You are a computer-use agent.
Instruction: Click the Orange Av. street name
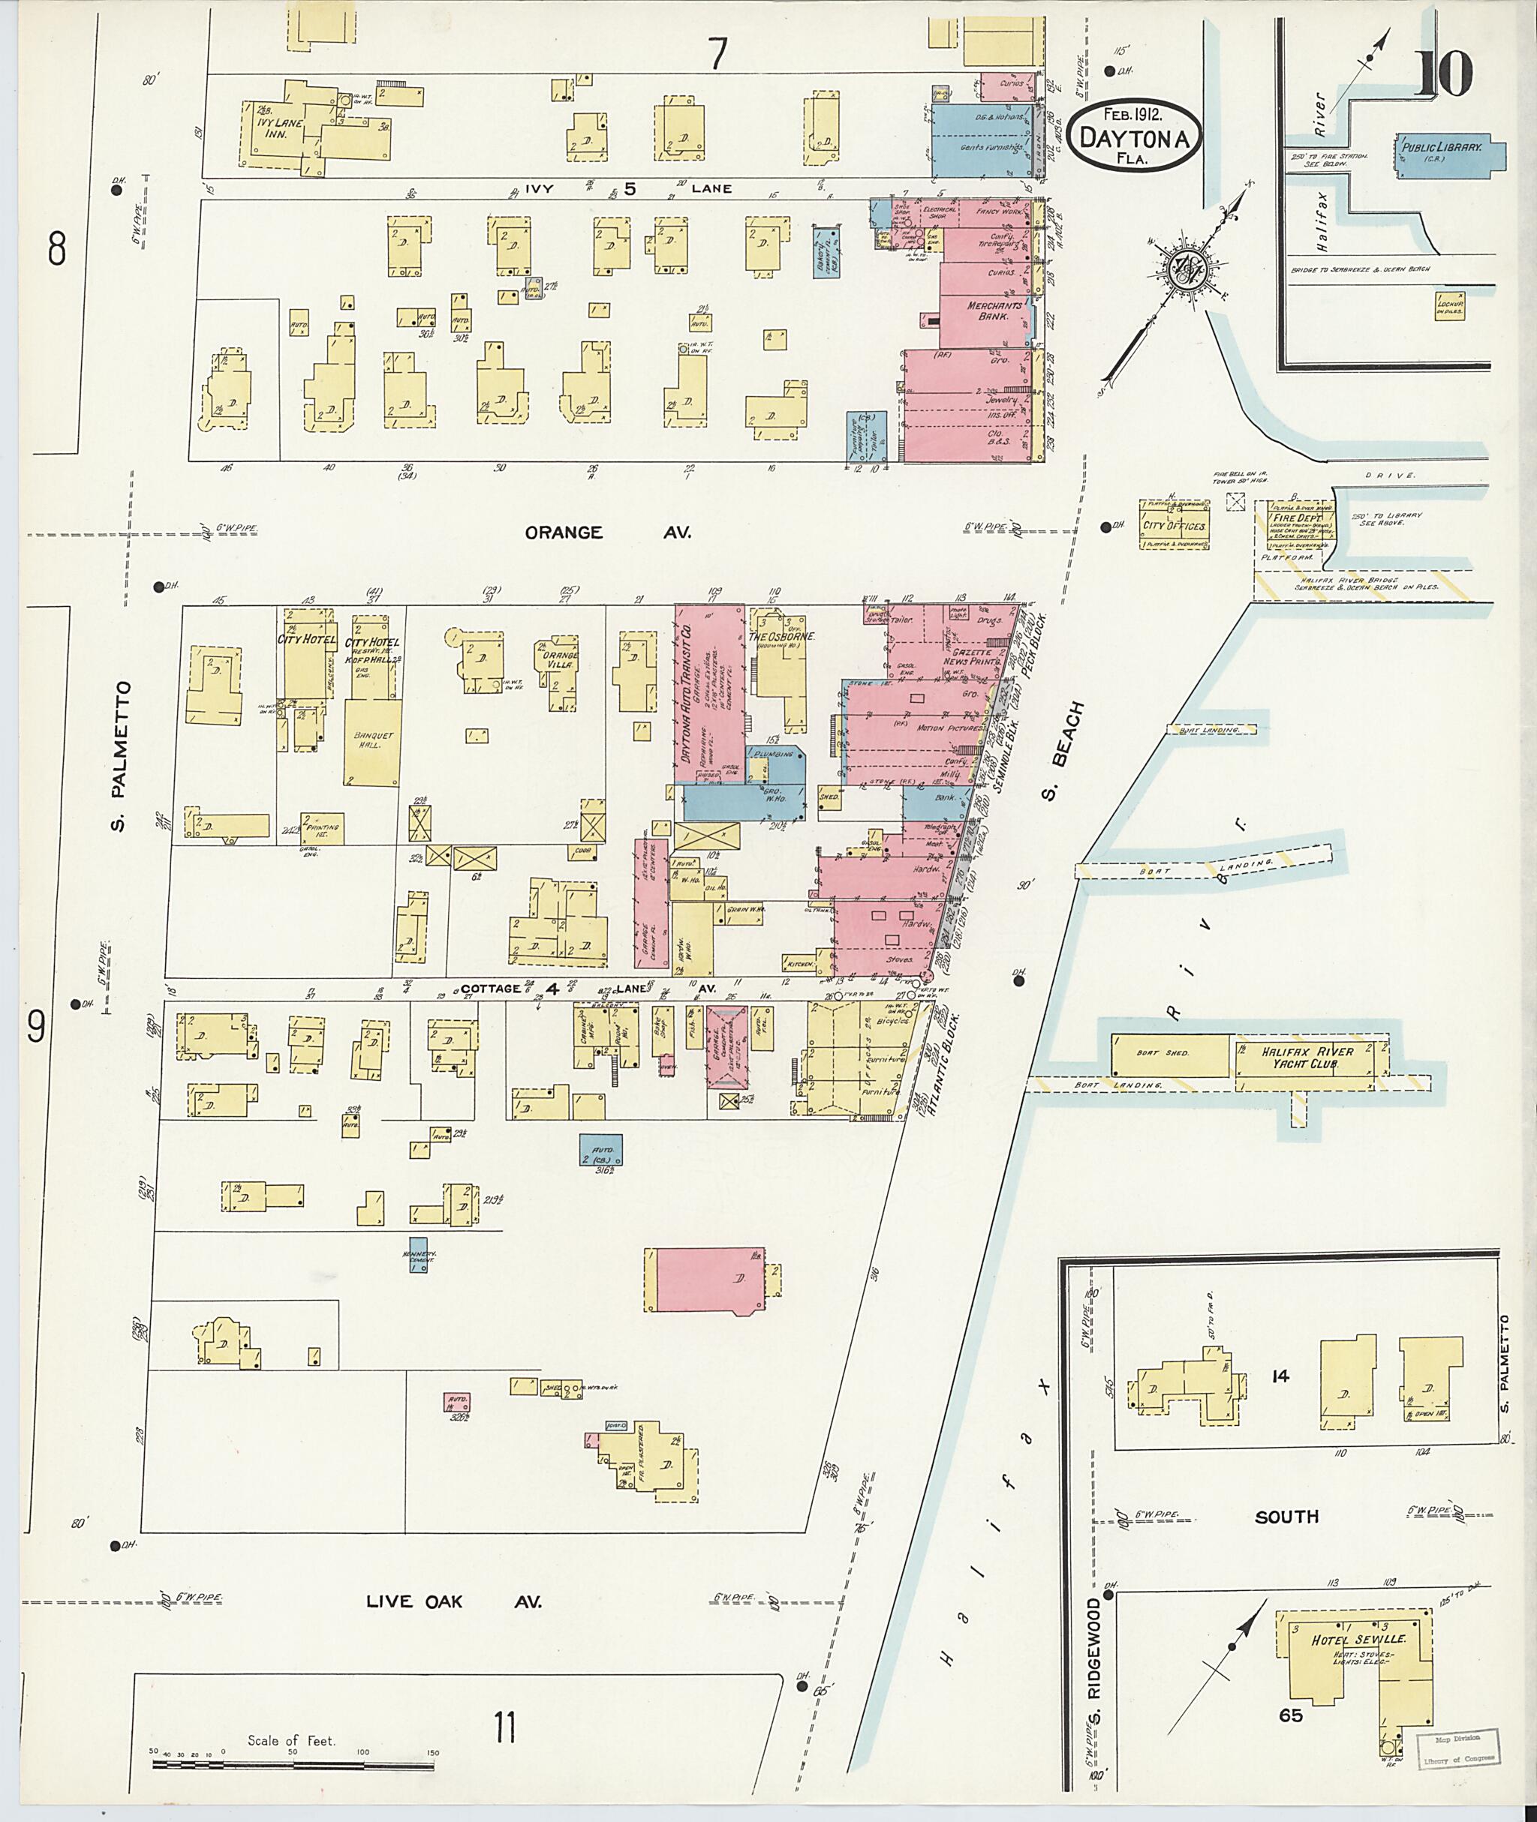pyautogui.click(x=607, y=532)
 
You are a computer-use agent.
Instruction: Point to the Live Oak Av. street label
pyautogui.click(x=453, y=1601)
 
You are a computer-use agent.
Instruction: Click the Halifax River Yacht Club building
pyautogui.click(x=1307, y=1058)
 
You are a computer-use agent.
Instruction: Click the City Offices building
pyautogui.click(x=1175, y=525)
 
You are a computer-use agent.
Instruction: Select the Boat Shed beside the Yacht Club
pyautogui.click(x=1170, y=1053)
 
